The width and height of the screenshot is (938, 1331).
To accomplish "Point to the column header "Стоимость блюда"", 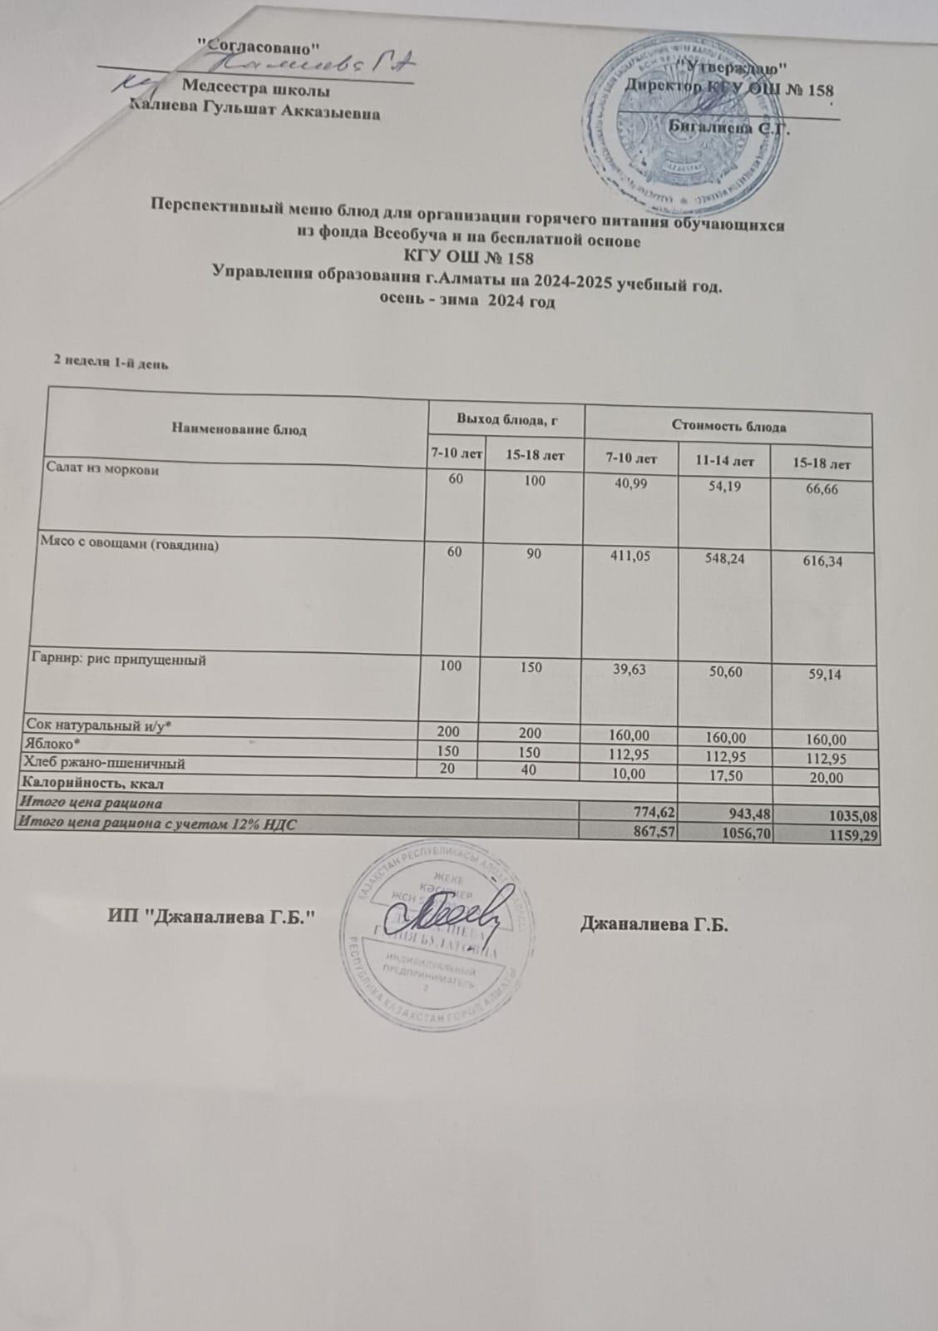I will point(728,428).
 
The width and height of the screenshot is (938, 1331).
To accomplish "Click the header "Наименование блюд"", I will point(239,430).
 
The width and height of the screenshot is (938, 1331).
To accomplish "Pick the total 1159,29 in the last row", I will point(854,837).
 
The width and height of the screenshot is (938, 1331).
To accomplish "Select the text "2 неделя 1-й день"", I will point(112,361).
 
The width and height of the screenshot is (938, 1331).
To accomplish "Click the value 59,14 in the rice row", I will point(820,675).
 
